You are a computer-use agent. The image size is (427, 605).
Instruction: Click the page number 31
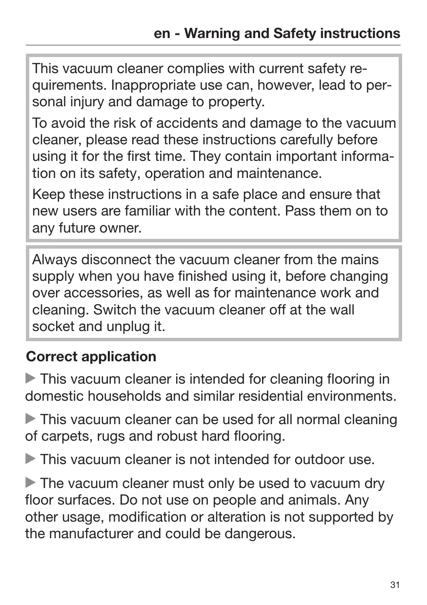[395, 585]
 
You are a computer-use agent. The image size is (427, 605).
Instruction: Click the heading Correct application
[91, 356]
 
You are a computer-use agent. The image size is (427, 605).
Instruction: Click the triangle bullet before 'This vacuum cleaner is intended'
[31, 379]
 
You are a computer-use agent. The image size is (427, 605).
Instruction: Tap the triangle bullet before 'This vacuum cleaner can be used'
[31, 419]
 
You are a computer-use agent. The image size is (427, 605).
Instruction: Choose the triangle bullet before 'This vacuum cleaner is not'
[31, 459]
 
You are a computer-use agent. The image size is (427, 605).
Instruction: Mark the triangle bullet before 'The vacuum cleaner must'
[31, 483]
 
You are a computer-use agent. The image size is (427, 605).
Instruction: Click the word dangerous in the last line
[256, 533]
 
